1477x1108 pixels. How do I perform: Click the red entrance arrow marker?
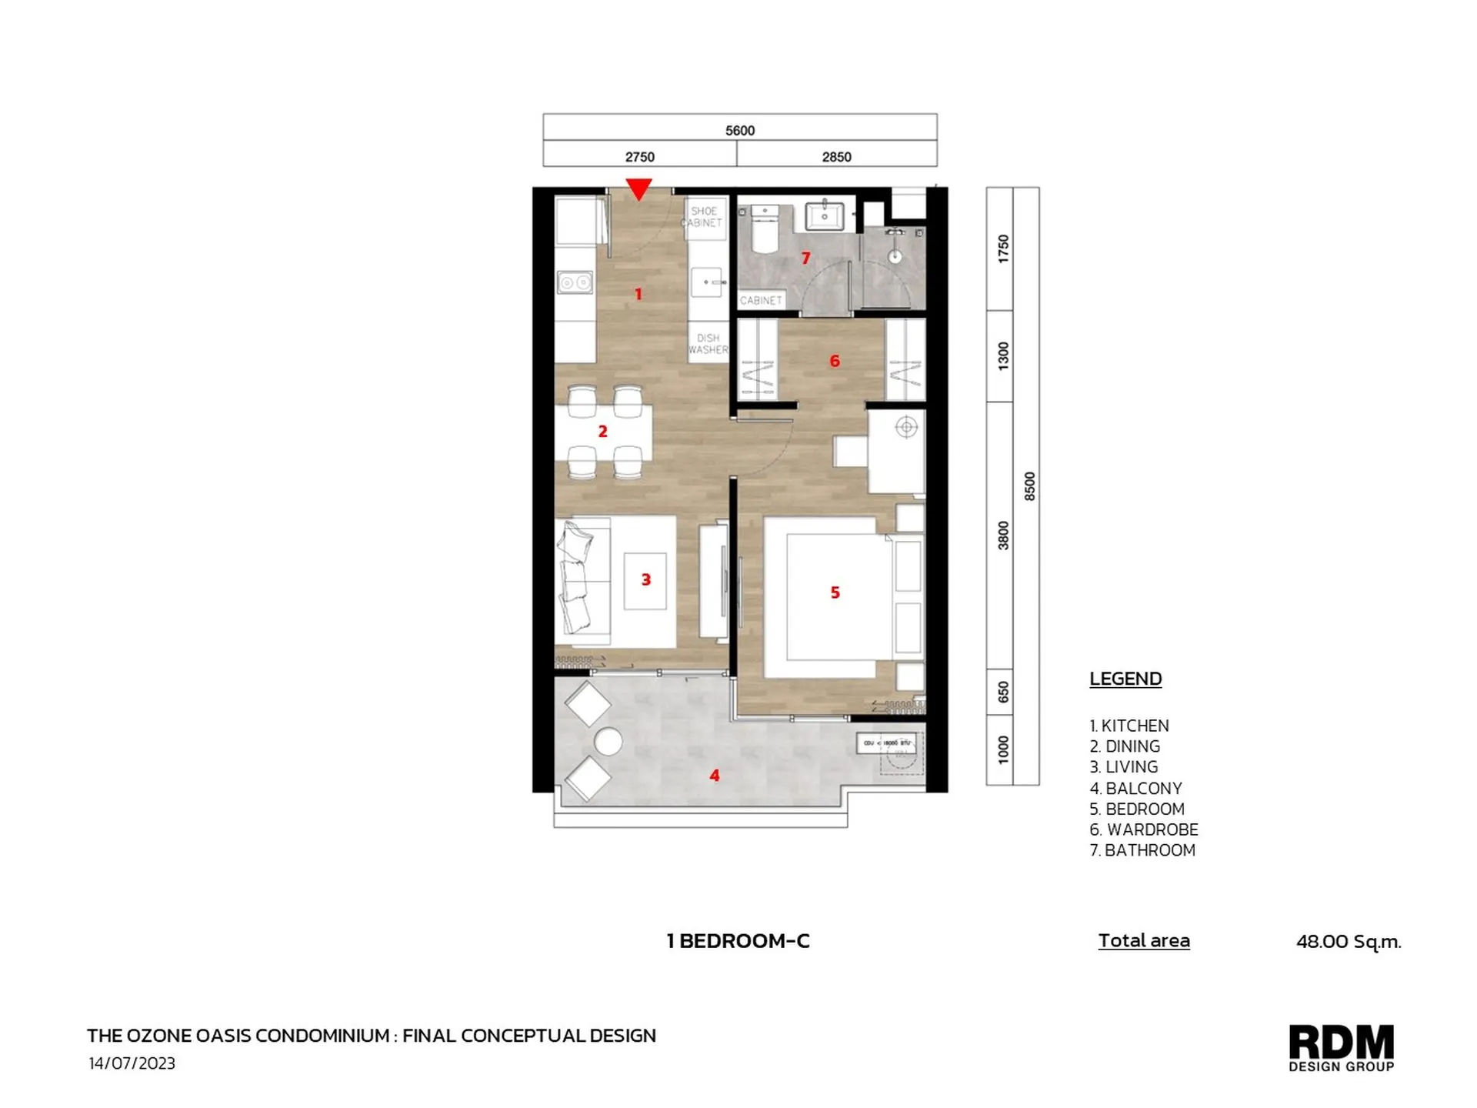pyautogui.click(x=638, y=189)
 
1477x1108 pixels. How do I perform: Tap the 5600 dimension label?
pyautogui.click(x=739, y=131)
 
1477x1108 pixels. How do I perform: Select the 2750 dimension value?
pyautogui.click(x=639, y=157)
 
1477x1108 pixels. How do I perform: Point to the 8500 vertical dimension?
pyautogui.click(x=1029, y=486)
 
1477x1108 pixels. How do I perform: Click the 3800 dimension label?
pyautogui.click(x=1002, y=535)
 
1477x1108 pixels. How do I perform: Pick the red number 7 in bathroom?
pyautogui.click(x=805, y=258)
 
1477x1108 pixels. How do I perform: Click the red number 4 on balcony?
pyautogui.click(x=714, y=776)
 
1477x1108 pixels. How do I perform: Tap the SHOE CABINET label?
pyautogui.click(x=704, y=217)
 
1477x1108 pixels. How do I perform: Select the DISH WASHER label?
pyautogui.click(x=708, y=344)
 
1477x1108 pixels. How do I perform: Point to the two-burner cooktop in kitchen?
pyautogui.click(x=575, y=282)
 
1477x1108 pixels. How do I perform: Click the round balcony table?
pyautogui.click(x=608, y=742)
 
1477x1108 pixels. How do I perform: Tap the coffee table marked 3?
pyautogui.click(x=645, y=581)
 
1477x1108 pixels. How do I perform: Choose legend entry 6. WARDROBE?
pyautogui.click(x=1143, y=829)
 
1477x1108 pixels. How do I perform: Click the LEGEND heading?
pyautogui.click(x=1125, y=679)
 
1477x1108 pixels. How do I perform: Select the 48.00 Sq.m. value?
pyautogui.click(x=1348, y=941)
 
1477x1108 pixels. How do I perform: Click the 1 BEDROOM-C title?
pyautogui.click(x=738, y=940)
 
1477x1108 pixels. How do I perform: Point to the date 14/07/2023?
pyautogui.click(x=132, y=1063)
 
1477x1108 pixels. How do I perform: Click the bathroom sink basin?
pyautogui.click(x=824, y=215)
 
